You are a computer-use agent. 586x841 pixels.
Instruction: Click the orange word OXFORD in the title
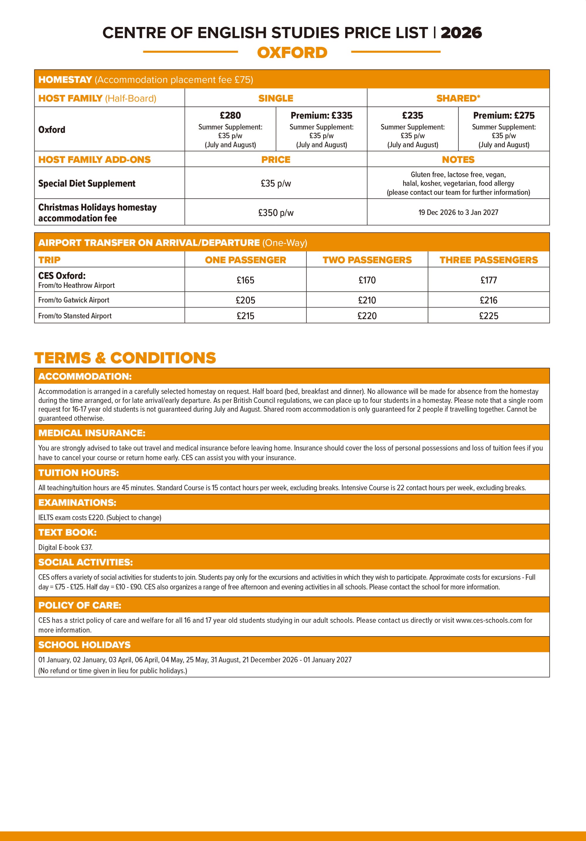click(x=292, y=53)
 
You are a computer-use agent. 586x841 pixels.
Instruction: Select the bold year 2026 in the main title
click(x=461, y=33)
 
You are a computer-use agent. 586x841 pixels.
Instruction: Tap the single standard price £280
click(x=230, y=115)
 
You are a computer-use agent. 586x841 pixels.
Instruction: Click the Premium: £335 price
click(x=321, y=115)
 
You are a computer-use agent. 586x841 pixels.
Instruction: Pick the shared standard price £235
click(x=413, y=115)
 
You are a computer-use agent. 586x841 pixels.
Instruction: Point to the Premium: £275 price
click(x=504, y=115)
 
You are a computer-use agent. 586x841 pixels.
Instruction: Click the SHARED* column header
click(x=458, y=98)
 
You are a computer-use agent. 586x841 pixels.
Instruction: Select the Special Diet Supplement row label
click(x=87, y=183)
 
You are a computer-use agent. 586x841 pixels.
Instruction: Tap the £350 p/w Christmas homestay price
click(x=276, y=212)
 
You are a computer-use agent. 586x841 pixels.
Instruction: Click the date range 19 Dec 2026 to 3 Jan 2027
click(x=458, y=212)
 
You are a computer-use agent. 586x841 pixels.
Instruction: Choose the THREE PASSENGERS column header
click(x=488, y=260)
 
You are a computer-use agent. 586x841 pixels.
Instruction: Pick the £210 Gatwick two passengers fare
click(x=367, y=300)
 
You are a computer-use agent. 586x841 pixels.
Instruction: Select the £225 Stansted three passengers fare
click(x=488, y=316)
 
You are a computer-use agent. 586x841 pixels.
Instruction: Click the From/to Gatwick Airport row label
click(x=74, y=300)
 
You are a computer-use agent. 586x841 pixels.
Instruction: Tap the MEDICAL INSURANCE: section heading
click(x=92, y=433)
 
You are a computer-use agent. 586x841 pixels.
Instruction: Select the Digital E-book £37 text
click(x=65, y=547)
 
